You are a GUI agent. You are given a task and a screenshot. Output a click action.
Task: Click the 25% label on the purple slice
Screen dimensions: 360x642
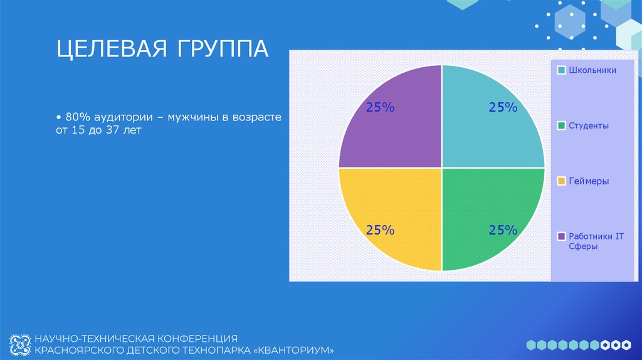(x=381, y=108)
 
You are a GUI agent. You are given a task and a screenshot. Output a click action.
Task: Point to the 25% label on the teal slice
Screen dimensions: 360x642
(x=503, y=108)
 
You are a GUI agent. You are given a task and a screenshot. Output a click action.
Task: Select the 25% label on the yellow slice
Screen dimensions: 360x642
(x=381, y=230)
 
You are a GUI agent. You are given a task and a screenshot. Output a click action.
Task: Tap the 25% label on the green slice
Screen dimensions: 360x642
(x=503, y=230)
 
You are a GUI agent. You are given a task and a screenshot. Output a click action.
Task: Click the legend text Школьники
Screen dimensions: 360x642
(x=592, y=70)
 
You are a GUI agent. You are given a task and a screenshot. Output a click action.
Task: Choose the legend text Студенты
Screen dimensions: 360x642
(x=589, y=126)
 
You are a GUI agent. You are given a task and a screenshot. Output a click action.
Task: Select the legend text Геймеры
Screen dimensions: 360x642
(x=589, y=181)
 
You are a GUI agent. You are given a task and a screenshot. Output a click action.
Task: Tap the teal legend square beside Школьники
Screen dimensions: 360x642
(x=562, y=70)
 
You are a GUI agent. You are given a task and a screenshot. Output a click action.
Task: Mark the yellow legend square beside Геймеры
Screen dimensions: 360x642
(x=562, y=181)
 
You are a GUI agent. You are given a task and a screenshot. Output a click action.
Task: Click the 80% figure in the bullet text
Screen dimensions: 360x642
(x=76, y=117)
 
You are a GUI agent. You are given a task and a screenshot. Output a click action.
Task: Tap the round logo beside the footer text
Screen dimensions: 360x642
(x=20, y=343)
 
